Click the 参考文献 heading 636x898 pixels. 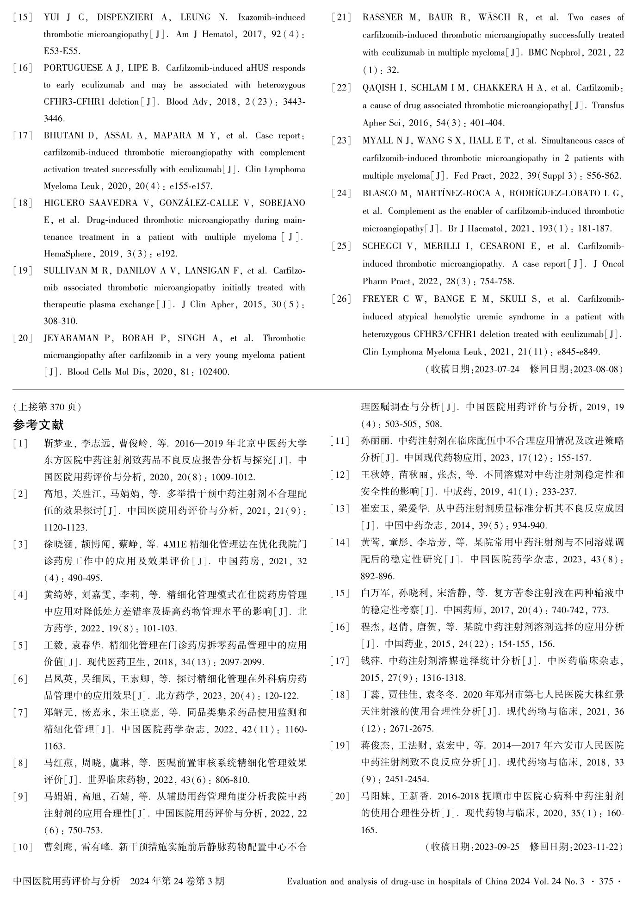pyautogui.click(x=38, y=424)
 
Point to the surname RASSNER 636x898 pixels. pyautogui.click(x=383, y=18)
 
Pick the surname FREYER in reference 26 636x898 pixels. pyautogui.click(x=379, y=299)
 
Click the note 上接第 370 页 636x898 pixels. pyautogui.click(x=48, y=407)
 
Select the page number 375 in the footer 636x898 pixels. pyautogui.click(x=606, y=881)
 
